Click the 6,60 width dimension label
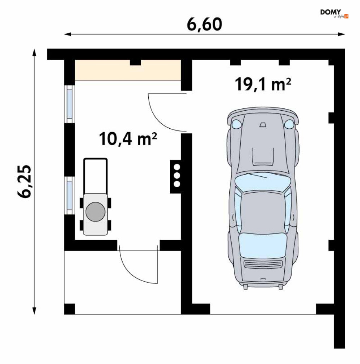point(204,24)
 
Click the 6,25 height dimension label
point(24,181)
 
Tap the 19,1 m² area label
point(263,84)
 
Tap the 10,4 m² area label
point(128,139)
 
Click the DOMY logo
point(334,13)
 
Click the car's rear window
point(263,245)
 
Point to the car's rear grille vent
point(263,264)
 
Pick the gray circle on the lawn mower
point(95,212)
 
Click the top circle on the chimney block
point(177,167)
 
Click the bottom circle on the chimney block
point(177,184)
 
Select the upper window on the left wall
point(69,104)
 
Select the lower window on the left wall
point(69,196)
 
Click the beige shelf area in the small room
point(128,70)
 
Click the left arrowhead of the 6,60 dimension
point(68,34)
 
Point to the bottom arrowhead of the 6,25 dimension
point(34,311)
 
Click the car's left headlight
point(236,123)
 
